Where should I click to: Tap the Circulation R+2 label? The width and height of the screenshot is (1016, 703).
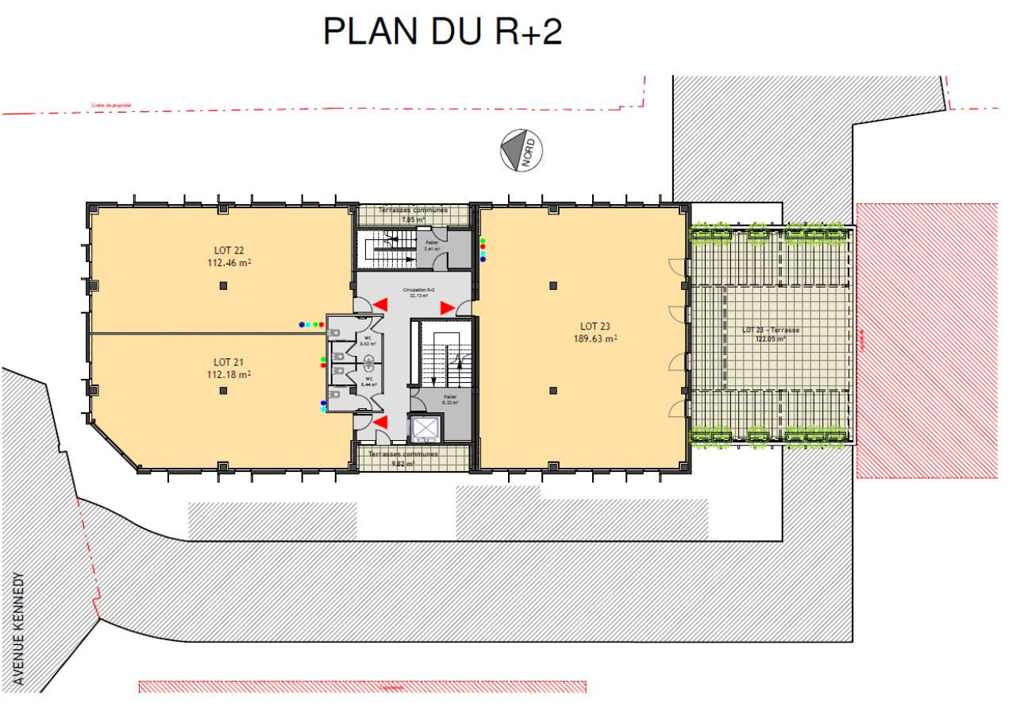pyautogui.click(x=418, y=292)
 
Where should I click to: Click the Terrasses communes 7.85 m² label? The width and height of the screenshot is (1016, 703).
pyautogui.click(x=413, y=214)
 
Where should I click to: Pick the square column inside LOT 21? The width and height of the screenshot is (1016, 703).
pyautogui.click(x=224, y=389)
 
